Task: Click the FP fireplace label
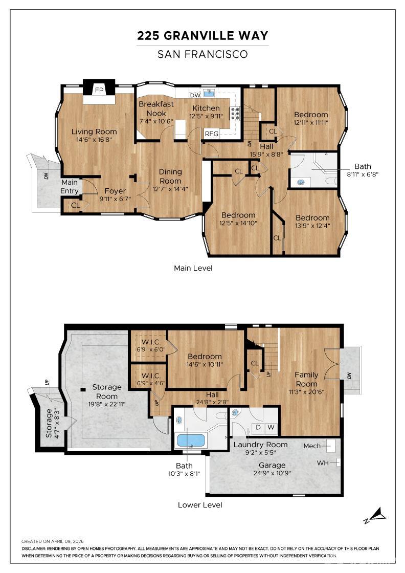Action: click(x=99, y=90)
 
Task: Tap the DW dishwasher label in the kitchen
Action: click(x=195, y=95)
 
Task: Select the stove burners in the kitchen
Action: click(x=235, y=114)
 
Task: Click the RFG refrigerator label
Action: click(x=211, y=134)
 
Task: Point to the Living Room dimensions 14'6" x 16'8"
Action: click(x=94, y=140)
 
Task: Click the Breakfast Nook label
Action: click(x=156, y=108)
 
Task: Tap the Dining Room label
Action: click(x=170, y=176)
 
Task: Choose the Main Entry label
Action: click(x=70, y=186)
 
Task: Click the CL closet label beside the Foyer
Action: click(x=76, y=205)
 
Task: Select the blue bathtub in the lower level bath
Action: click(x=191, y=440)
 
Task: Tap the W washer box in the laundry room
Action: click(x=271, y=427)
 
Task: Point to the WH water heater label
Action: click(x=323, y=463)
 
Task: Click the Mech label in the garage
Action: click(x=312, y=446)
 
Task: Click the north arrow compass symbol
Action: click(x=375, y=515)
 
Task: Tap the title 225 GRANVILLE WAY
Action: click(x=202, y=35)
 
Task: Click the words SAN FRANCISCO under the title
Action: click(x=202, y=54)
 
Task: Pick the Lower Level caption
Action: click(x=200, y=505)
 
